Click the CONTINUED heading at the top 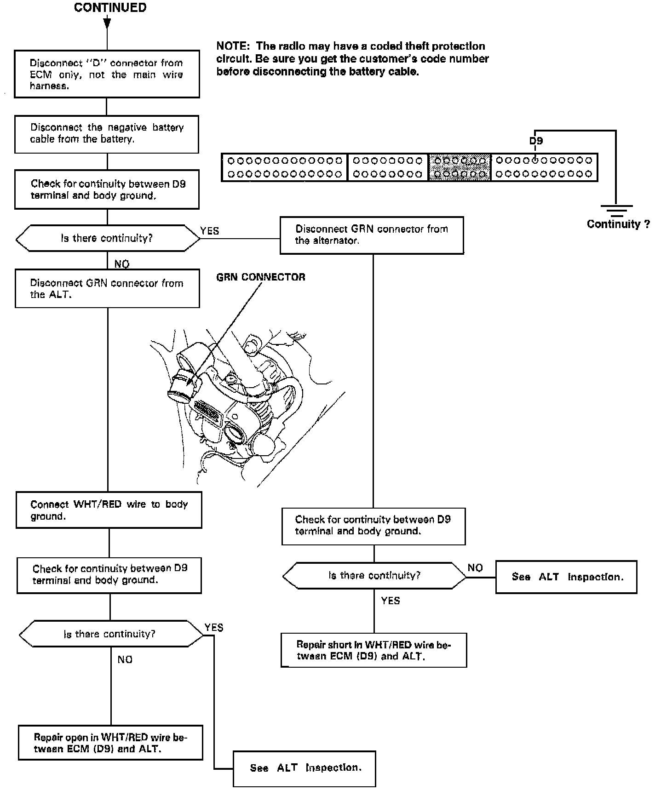(x=110, y=8)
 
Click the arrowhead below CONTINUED (x=107, y=23)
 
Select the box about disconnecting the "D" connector (x=107, y=74)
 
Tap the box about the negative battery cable (x=107, y=134)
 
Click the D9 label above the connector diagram (x=536, y=141)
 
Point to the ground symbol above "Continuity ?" (x=616, y=211)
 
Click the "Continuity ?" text (x=618, y=224)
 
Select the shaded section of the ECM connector (x=460, y=167)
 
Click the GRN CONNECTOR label (x=260, y=277)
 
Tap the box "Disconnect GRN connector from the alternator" (x=372, y=235)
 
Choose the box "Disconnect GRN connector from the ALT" (x=107, y=289)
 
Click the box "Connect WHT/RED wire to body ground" (x=109, y=510)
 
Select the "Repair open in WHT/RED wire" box (x=110, y=743)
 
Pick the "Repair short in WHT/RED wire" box (x=373, y=650)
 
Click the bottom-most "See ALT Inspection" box (x=304, y=768)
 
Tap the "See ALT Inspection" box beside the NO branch (x=566, y=577)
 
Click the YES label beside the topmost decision (x=210, y=231)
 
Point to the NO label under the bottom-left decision (x=125, y=660)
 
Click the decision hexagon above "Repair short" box (x=374, y=576)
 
